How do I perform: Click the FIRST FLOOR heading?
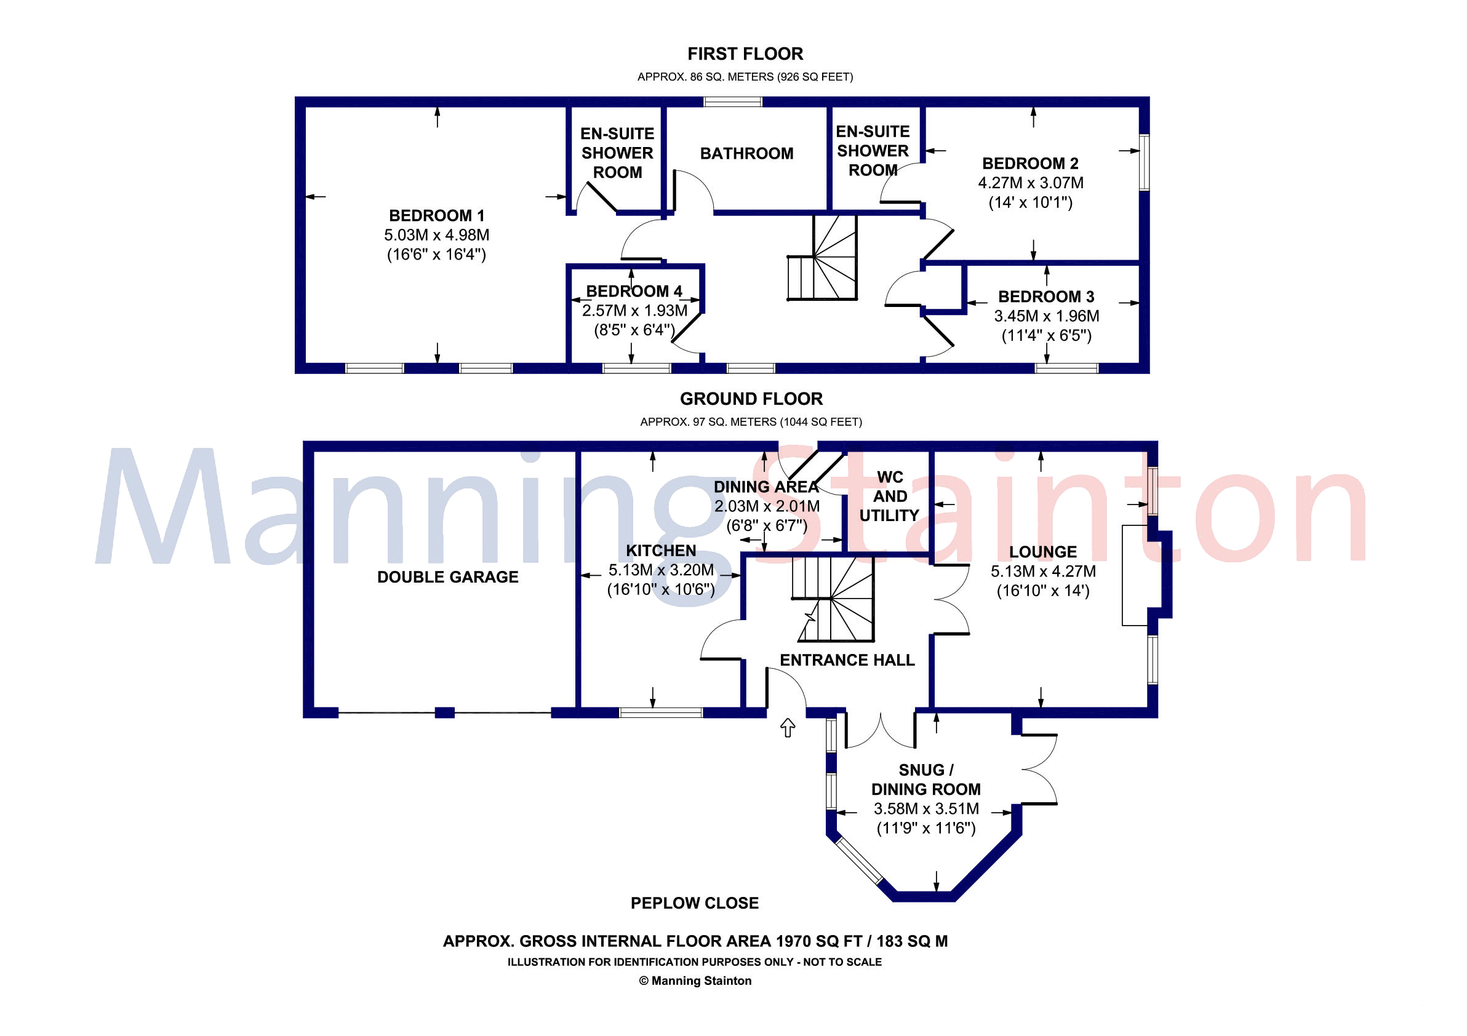pos(745,54)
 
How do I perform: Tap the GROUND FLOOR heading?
pos(751,399)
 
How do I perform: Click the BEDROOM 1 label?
pos(436,215)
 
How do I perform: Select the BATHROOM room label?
pos(746,153)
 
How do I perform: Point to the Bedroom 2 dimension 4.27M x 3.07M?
pos(1030,183)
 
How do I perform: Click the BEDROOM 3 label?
pos(1046,297)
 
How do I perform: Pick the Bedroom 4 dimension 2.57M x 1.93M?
pos(634,311)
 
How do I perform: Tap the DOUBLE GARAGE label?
pos(447,577)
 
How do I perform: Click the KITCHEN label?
pos(661,551)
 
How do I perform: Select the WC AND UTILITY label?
pos(889,496)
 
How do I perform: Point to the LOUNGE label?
pos(1043,552)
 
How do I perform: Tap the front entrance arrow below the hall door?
pos(788,728)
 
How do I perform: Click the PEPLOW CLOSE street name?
pos(695,903)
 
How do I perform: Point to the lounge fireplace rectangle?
pos(1135,575)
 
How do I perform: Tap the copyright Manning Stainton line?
pos(695,981)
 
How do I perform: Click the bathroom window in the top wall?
pos(733,102)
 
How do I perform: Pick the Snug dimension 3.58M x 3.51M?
pos(926,808)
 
